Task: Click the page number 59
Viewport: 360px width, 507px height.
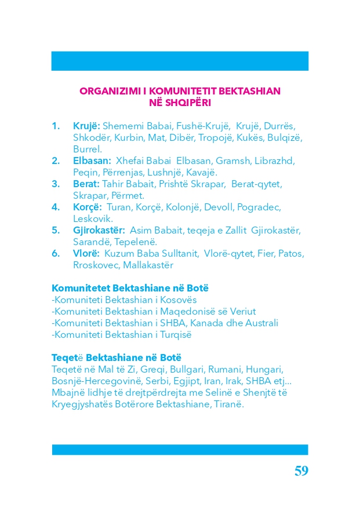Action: tap(301, 470)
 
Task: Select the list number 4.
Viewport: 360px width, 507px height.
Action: tap(55, 207)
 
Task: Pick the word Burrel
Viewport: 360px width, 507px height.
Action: tap(88, 149)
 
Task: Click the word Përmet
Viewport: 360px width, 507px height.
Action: tap(128, 195)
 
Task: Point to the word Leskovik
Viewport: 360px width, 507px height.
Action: tap(93, 218)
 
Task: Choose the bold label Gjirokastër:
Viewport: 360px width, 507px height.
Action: tap(99, 230)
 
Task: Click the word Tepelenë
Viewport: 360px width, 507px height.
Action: tap(136, 242)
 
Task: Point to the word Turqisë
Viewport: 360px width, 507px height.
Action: tap(174, 334)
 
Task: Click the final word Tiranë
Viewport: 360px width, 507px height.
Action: tap(231, 404)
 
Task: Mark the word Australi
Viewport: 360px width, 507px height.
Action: tap(261, 323)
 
